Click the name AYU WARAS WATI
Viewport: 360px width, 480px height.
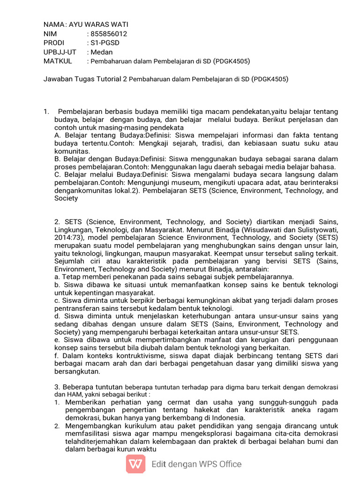98,24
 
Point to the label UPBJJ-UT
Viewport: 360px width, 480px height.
60,52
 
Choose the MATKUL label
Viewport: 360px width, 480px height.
58,61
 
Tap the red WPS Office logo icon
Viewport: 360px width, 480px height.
135,464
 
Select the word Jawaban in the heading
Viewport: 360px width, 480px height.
60,79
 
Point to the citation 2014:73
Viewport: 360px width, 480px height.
70,238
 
